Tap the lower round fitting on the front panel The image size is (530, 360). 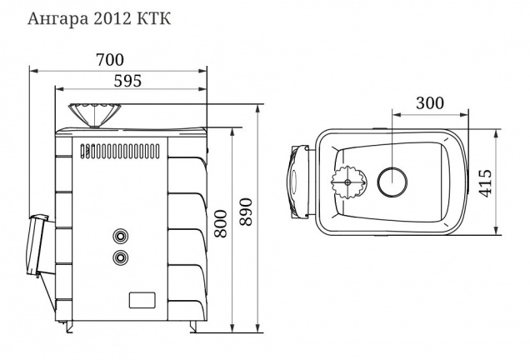tap(122, 256)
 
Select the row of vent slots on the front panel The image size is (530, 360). tap(125, 152)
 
